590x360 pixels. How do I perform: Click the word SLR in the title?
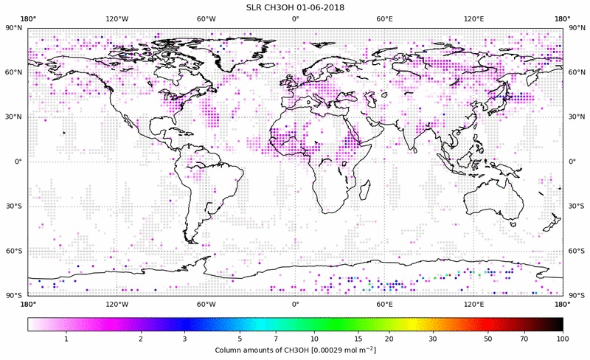255,7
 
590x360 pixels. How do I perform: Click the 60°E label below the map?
384,303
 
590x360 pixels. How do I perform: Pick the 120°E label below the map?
473,303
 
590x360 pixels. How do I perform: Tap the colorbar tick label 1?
66,338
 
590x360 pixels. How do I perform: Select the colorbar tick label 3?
184,338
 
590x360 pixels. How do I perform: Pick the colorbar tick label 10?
315,338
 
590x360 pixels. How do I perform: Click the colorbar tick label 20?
388,338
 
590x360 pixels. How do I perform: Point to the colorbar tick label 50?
488,338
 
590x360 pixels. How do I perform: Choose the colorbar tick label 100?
563,338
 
